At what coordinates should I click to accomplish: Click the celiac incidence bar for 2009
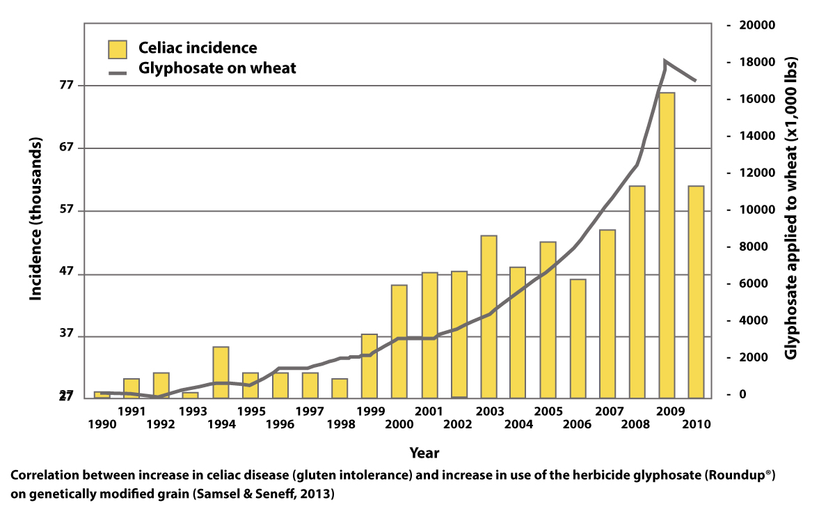coord(667,244)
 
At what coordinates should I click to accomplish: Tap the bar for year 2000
coord(399,341)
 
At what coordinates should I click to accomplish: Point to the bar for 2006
coord(578,338)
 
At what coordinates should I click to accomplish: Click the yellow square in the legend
coord(118,49)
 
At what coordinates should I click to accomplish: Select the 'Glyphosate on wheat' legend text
coord(218,68)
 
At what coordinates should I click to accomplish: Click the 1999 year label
coord(370,410)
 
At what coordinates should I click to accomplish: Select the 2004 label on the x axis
coord(518,423)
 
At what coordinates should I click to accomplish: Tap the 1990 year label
coord(102,423)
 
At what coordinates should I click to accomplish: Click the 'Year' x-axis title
coord(424,452)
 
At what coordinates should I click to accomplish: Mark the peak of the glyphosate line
coord(665,61)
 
